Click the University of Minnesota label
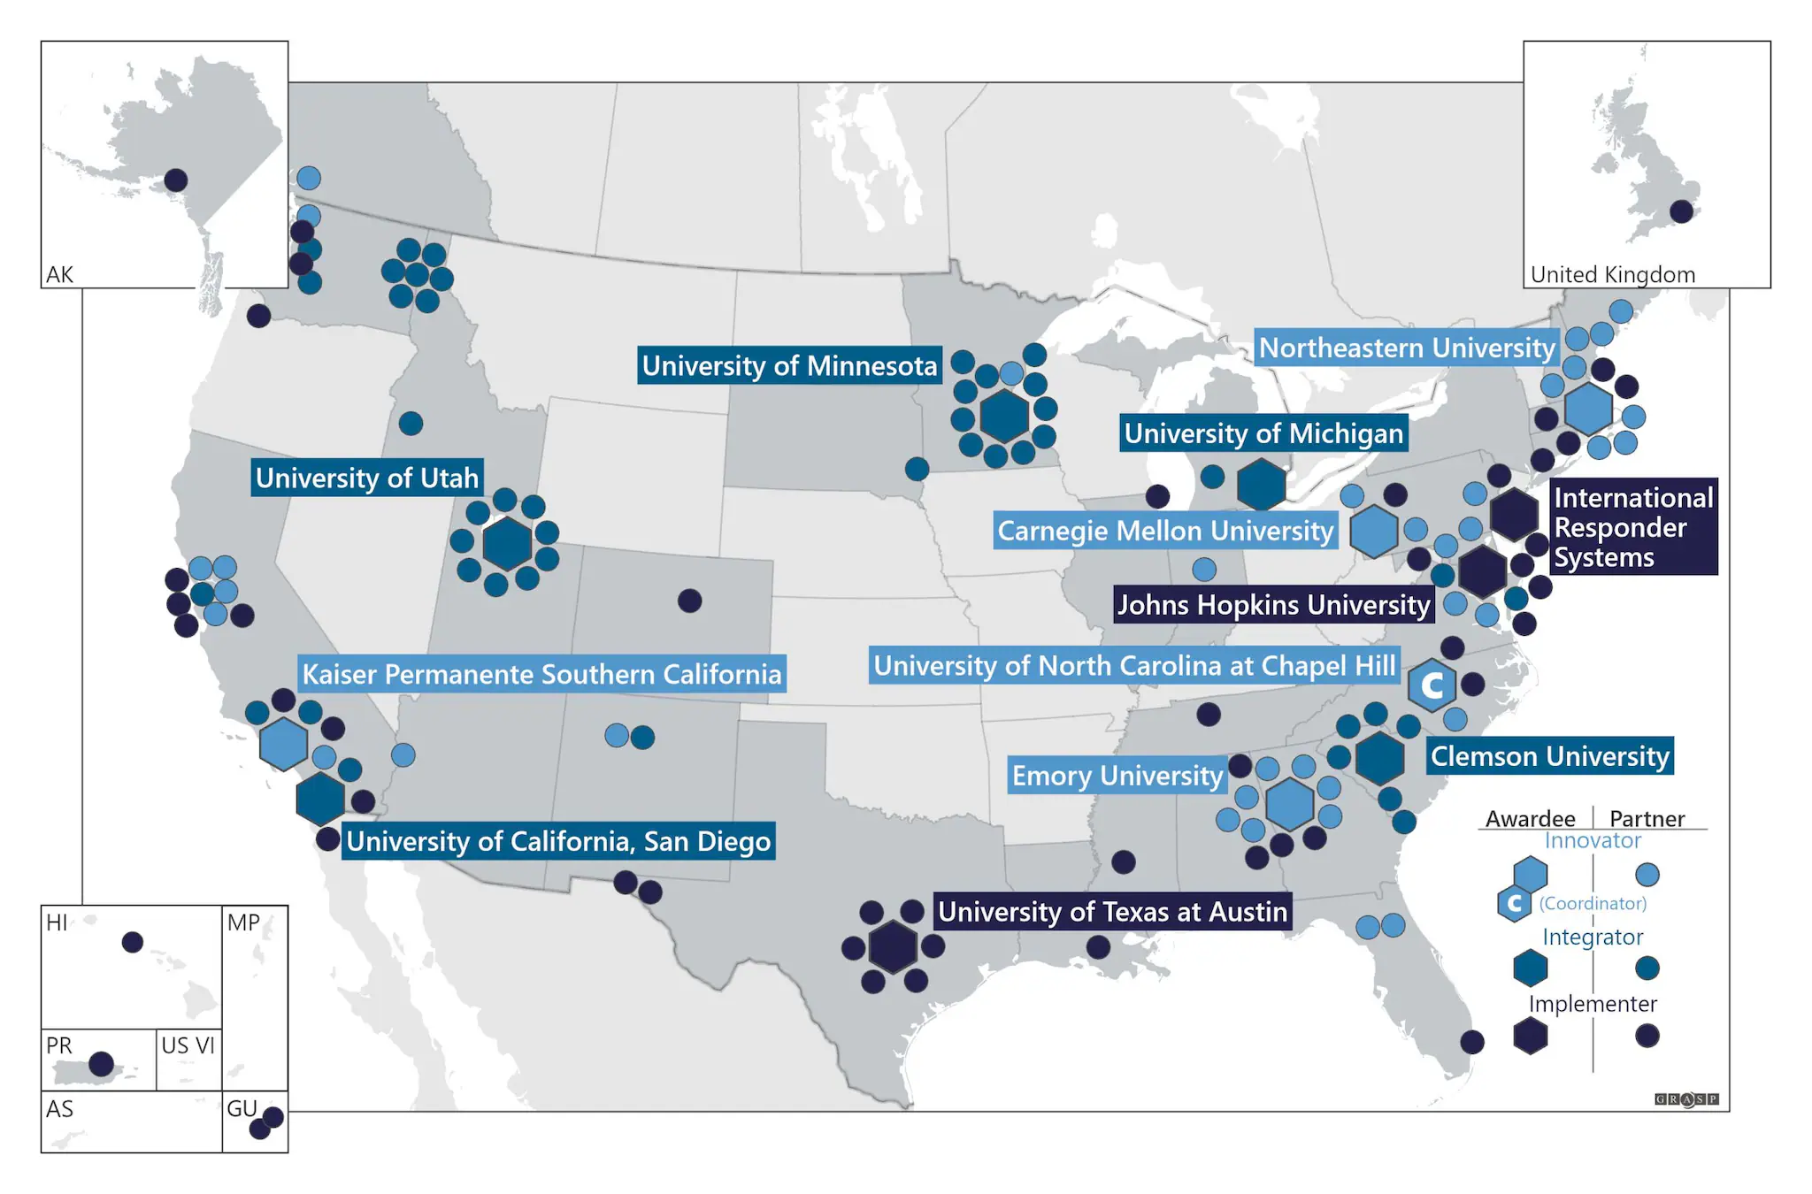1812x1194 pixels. pos(788,365)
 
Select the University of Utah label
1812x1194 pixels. pos(366,478)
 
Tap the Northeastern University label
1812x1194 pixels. pos(1406,348)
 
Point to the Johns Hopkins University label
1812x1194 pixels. pos(1272,605)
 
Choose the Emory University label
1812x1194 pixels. pos(1117,776)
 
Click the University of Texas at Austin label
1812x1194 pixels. pos(1112,912)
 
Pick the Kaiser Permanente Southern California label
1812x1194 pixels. pos(541,674)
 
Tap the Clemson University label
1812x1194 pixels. pos(1549,756)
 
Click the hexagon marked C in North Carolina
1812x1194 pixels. pos(1432,685)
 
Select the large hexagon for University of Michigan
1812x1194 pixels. pos(1261,484)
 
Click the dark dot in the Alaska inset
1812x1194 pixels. pos(176,180)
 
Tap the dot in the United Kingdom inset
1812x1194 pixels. pos(1681,211)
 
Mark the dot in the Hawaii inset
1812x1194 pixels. pos(133,942)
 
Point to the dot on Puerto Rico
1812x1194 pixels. pos(102,1063)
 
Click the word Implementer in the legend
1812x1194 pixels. pos(1592,1004)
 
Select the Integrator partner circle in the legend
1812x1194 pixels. pos(1647,968)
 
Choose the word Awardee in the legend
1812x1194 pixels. pos(1530,818)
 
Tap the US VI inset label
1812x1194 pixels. pos(188,1045)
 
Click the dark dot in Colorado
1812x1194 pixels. pos(689,601)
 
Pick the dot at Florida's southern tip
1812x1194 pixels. pos(1471,1042)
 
